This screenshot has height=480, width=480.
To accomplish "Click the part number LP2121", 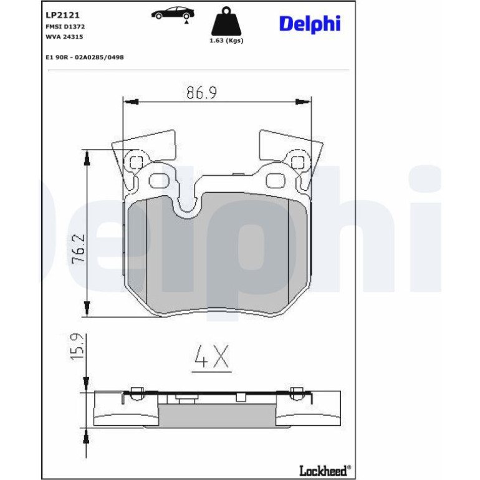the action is coord(62,15).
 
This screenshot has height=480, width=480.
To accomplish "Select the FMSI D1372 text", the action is coord(65,27).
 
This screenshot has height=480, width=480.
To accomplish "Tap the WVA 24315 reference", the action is coord(64,37).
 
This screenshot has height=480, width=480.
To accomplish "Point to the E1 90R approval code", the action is coord(85,57).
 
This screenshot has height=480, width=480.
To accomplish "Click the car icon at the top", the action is coord(173,13).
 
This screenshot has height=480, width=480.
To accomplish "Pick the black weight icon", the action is coord(226,21).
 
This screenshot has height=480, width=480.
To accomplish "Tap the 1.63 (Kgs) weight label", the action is coord(226,41).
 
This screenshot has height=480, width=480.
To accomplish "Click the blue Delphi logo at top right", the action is coord(309,24).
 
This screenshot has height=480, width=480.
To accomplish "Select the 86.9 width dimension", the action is coord(202,92).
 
